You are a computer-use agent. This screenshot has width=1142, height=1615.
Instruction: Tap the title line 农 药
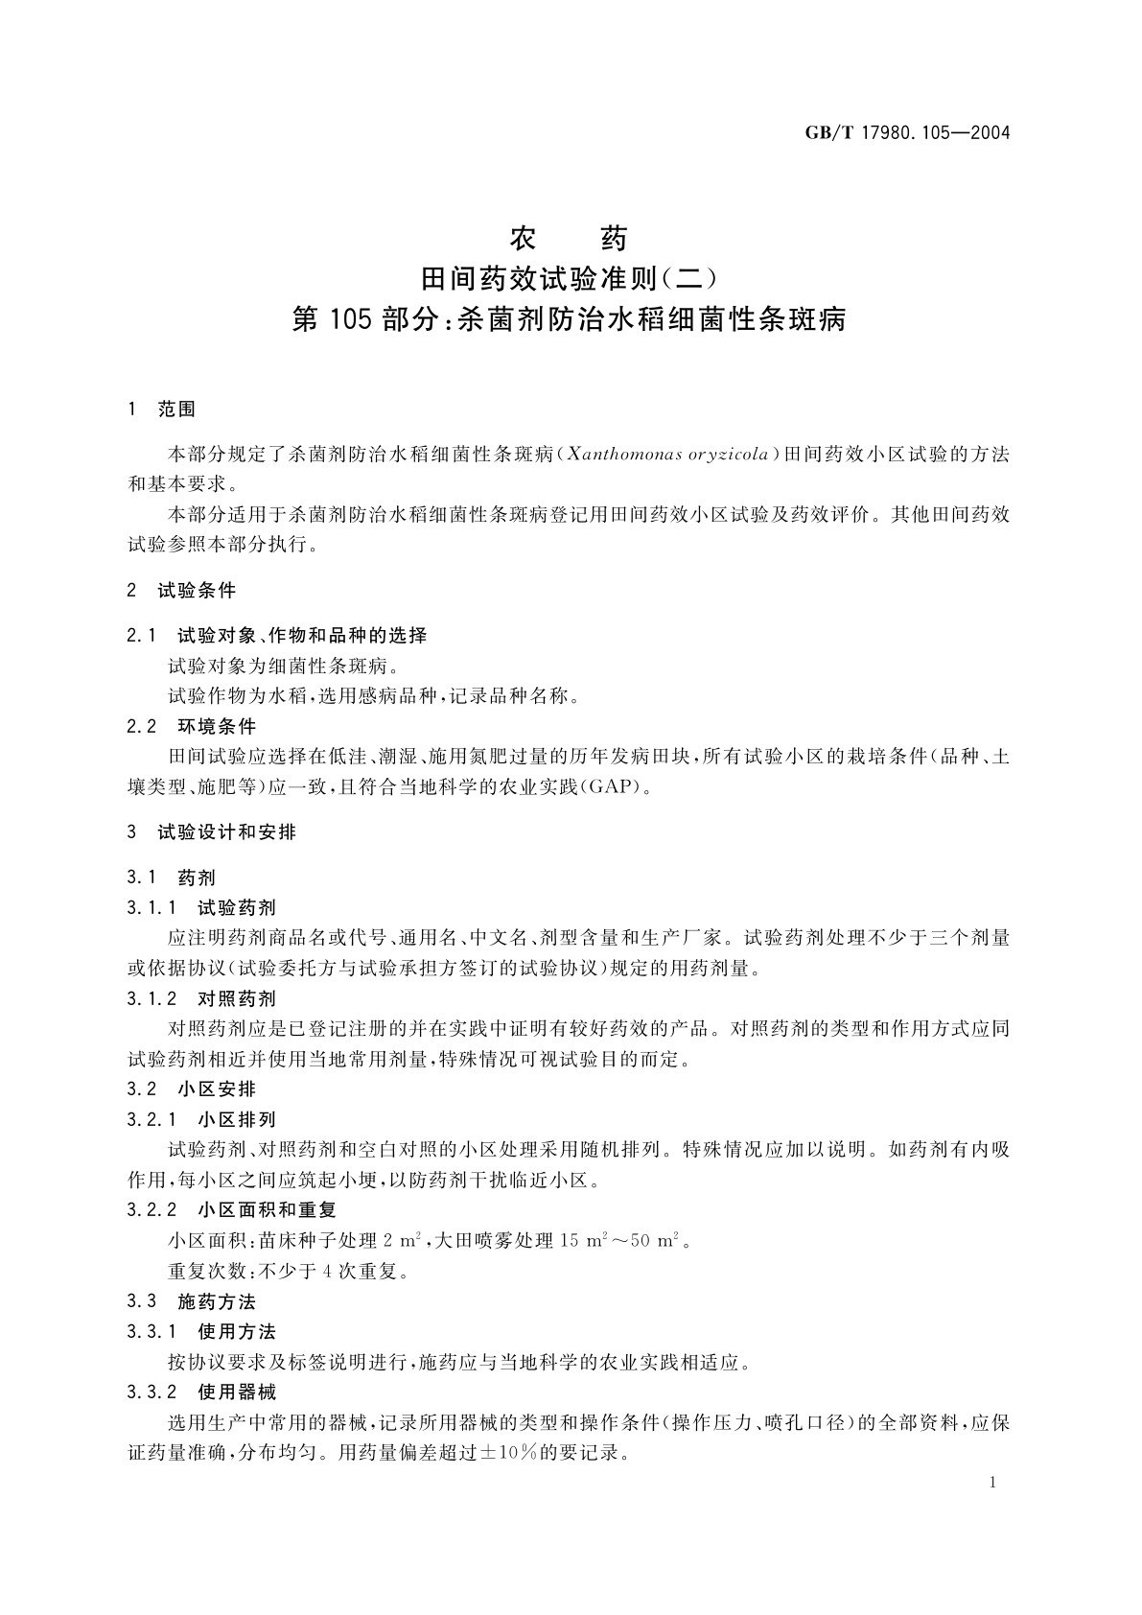click(x=570, y=237)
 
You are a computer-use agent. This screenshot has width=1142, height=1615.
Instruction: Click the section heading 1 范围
click(x=161, y=410)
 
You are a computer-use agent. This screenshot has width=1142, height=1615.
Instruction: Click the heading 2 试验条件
click(x=181, y=590)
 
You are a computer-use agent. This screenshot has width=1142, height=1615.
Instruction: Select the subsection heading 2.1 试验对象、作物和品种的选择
click(x=277, y=635)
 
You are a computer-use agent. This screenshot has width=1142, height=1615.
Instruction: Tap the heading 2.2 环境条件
click(x=192, y=726)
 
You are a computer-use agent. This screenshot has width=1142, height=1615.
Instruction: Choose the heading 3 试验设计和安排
click(x=212, y=832)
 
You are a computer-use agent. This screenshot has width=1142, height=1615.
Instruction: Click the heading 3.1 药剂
click(x=172, y=878)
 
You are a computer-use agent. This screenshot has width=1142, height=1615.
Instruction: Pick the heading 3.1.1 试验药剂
click(x=201, y=907)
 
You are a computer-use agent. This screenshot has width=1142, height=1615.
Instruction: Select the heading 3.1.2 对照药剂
click(x=201, y=998)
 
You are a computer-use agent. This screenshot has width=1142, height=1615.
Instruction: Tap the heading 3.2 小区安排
click(x=192, y=1089)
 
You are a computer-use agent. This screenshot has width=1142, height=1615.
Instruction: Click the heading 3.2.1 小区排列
click(x=201, y=1119)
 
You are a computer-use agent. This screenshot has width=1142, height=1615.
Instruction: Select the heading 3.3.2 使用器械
click(x=201, y=1392)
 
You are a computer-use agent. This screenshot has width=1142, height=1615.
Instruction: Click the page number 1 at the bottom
click(x=992, y=1483)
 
